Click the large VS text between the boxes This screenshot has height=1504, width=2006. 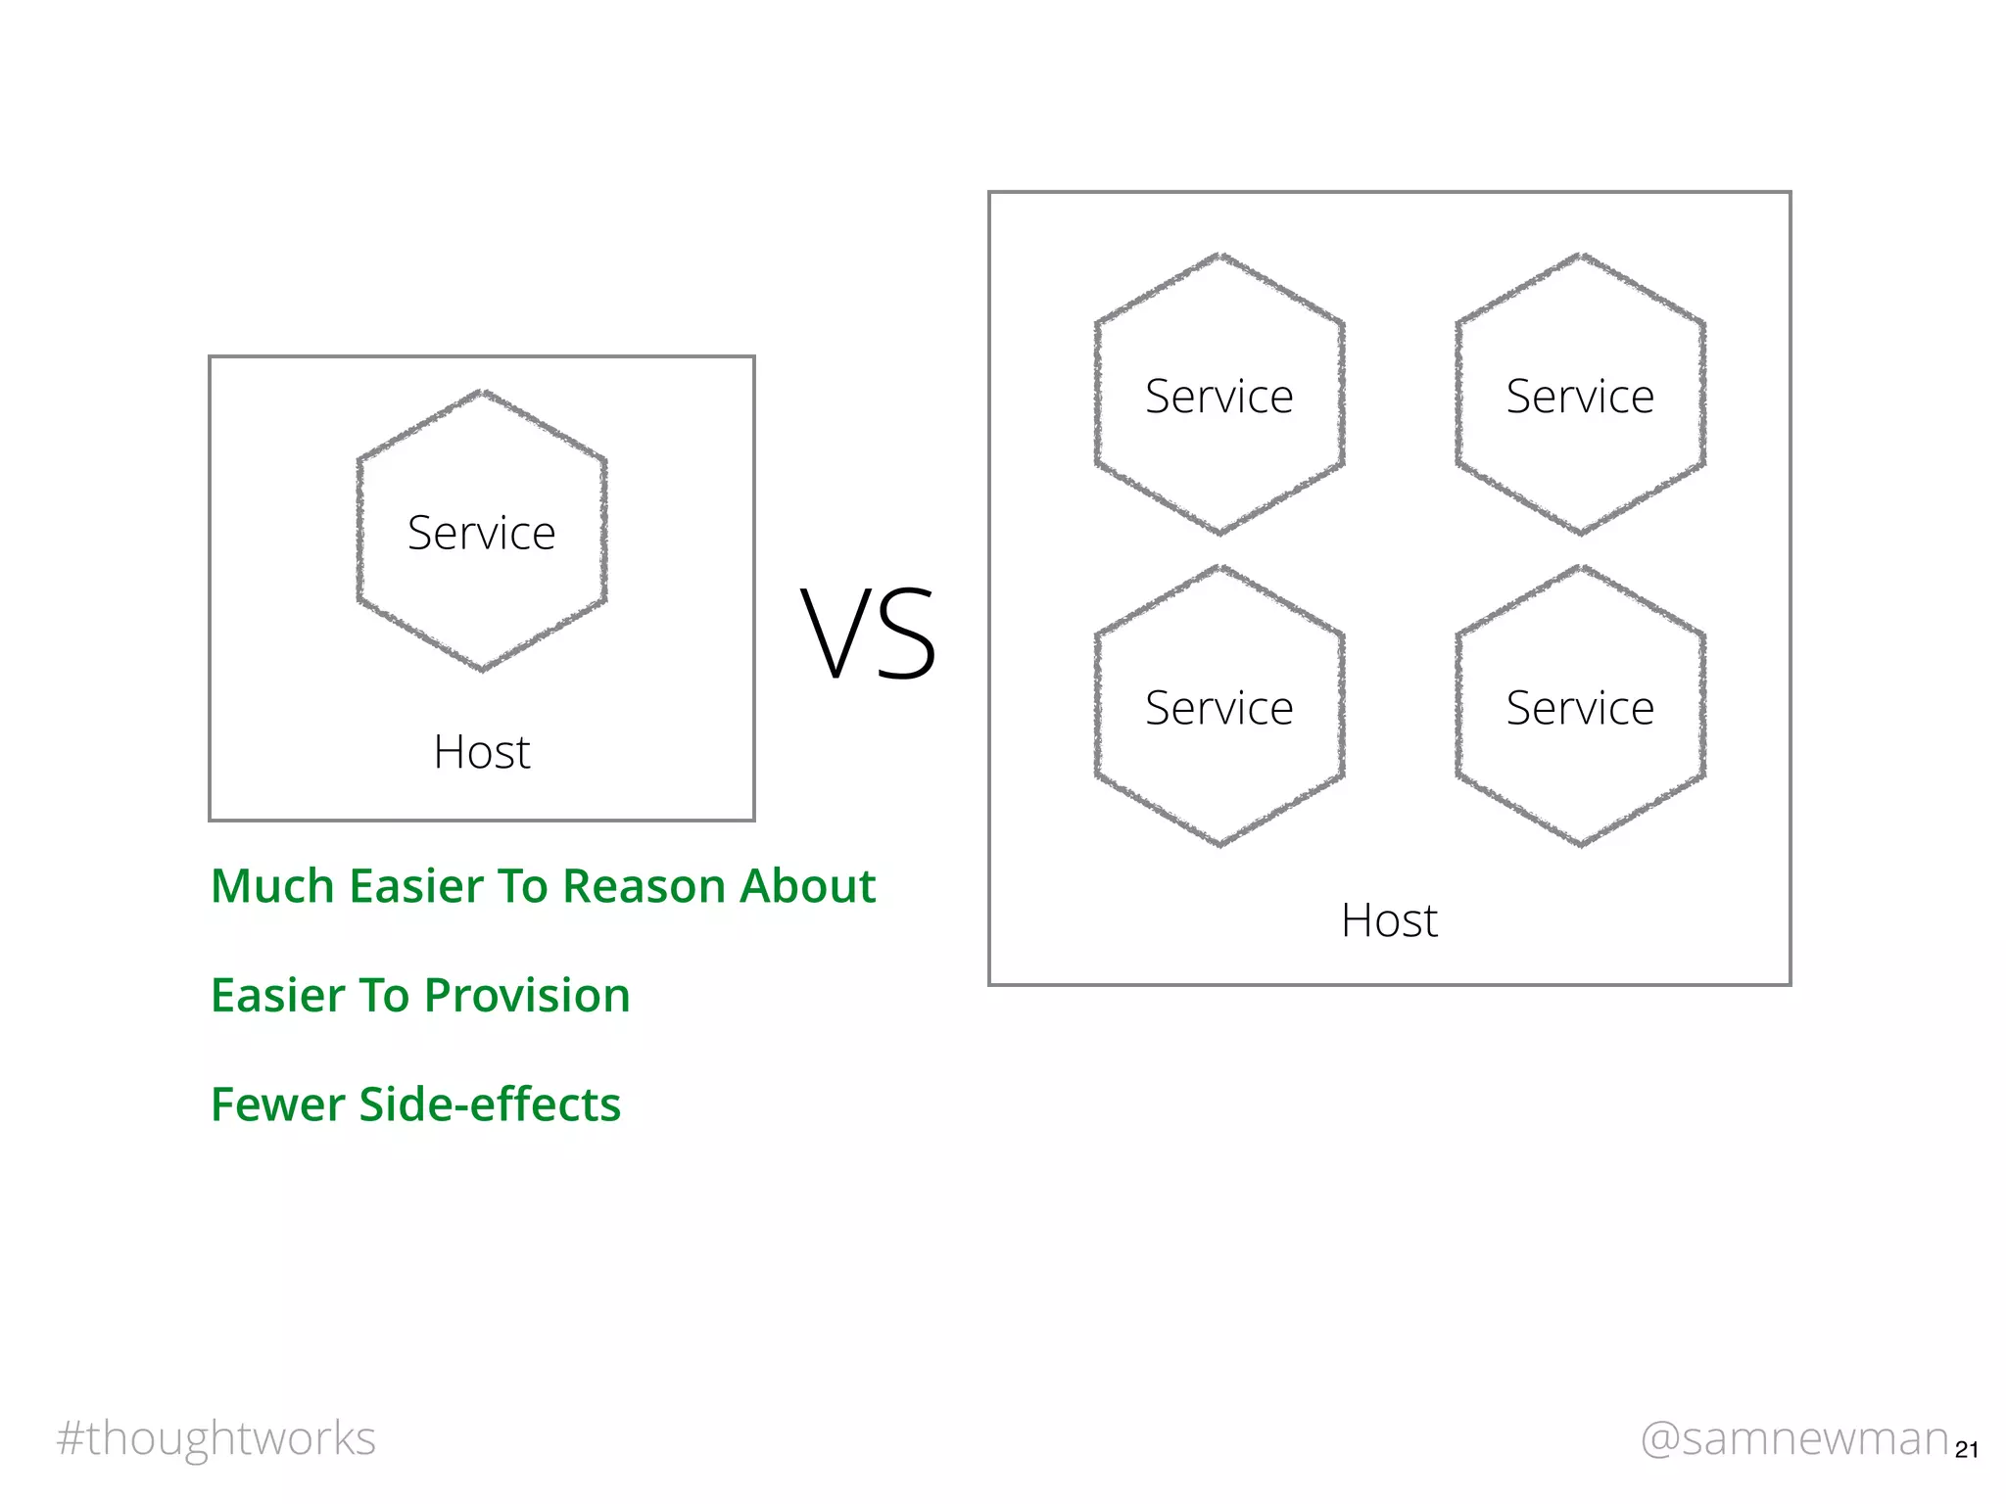pyautogui.click(x=869, y=634)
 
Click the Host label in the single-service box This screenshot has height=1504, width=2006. pyautogui.click(x=481, y=752)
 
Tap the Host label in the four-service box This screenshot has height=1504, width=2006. pyautogui.click(x=1389, y=920)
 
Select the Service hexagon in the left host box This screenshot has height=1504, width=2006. pyautogui.click(x=481, y=532)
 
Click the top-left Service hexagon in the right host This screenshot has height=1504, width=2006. pyautogui.click(x=1219, y=396)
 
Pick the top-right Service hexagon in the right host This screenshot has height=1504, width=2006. pyautogui.click(x=1580, y=396)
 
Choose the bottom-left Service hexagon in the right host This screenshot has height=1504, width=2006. pyautogui.click(x=1219, y=707)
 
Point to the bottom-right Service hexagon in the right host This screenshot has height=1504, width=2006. pyautogui.click(x=1580, y=707)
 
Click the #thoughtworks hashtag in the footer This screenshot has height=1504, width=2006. pyautogui.click(x=215, y=1438)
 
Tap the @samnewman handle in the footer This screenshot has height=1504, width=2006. pyautogui.click(x=1794, y=1438)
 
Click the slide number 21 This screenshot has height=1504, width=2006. pyautogui.click(x=1966, y=1450)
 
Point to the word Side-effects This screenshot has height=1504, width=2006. pyautogui.click(x=490, y=1104)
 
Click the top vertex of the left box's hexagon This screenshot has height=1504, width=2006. pyautogui.click(x=481, y=392)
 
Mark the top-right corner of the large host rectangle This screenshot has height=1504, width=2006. pyautogui.click(x=1790, y=193)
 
